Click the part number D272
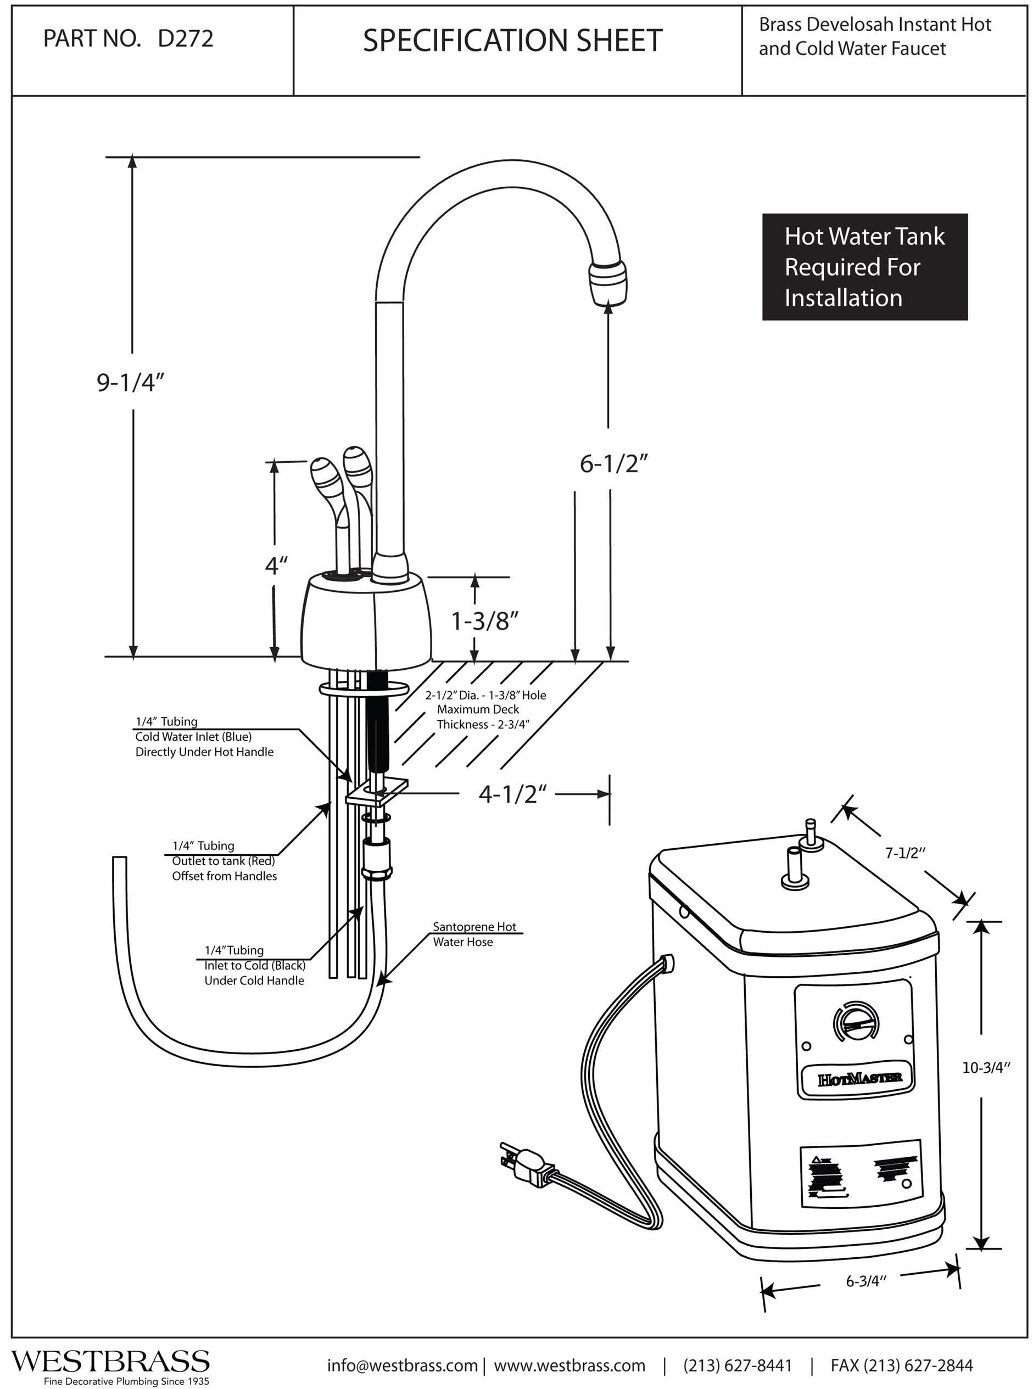tap(185, 39)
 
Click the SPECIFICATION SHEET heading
tap(512, 41)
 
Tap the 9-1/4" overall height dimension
tap(130, 382)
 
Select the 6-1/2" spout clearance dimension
tap(613, 464)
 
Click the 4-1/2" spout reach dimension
tap(512, 794)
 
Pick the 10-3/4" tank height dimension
tap(986, 1068)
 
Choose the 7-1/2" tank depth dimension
tap(905, 853)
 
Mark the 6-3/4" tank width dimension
tap(866, 1281)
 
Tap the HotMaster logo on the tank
tap(860, 1078)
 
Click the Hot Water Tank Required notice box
tap(864, 267)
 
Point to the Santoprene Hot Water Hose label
tap(474, 934)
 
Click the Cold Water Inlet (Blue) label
tap(194, 737)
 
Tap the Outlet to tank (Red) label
tap(223, 861)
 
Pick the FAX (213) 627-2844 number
tap(901, 1365)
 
